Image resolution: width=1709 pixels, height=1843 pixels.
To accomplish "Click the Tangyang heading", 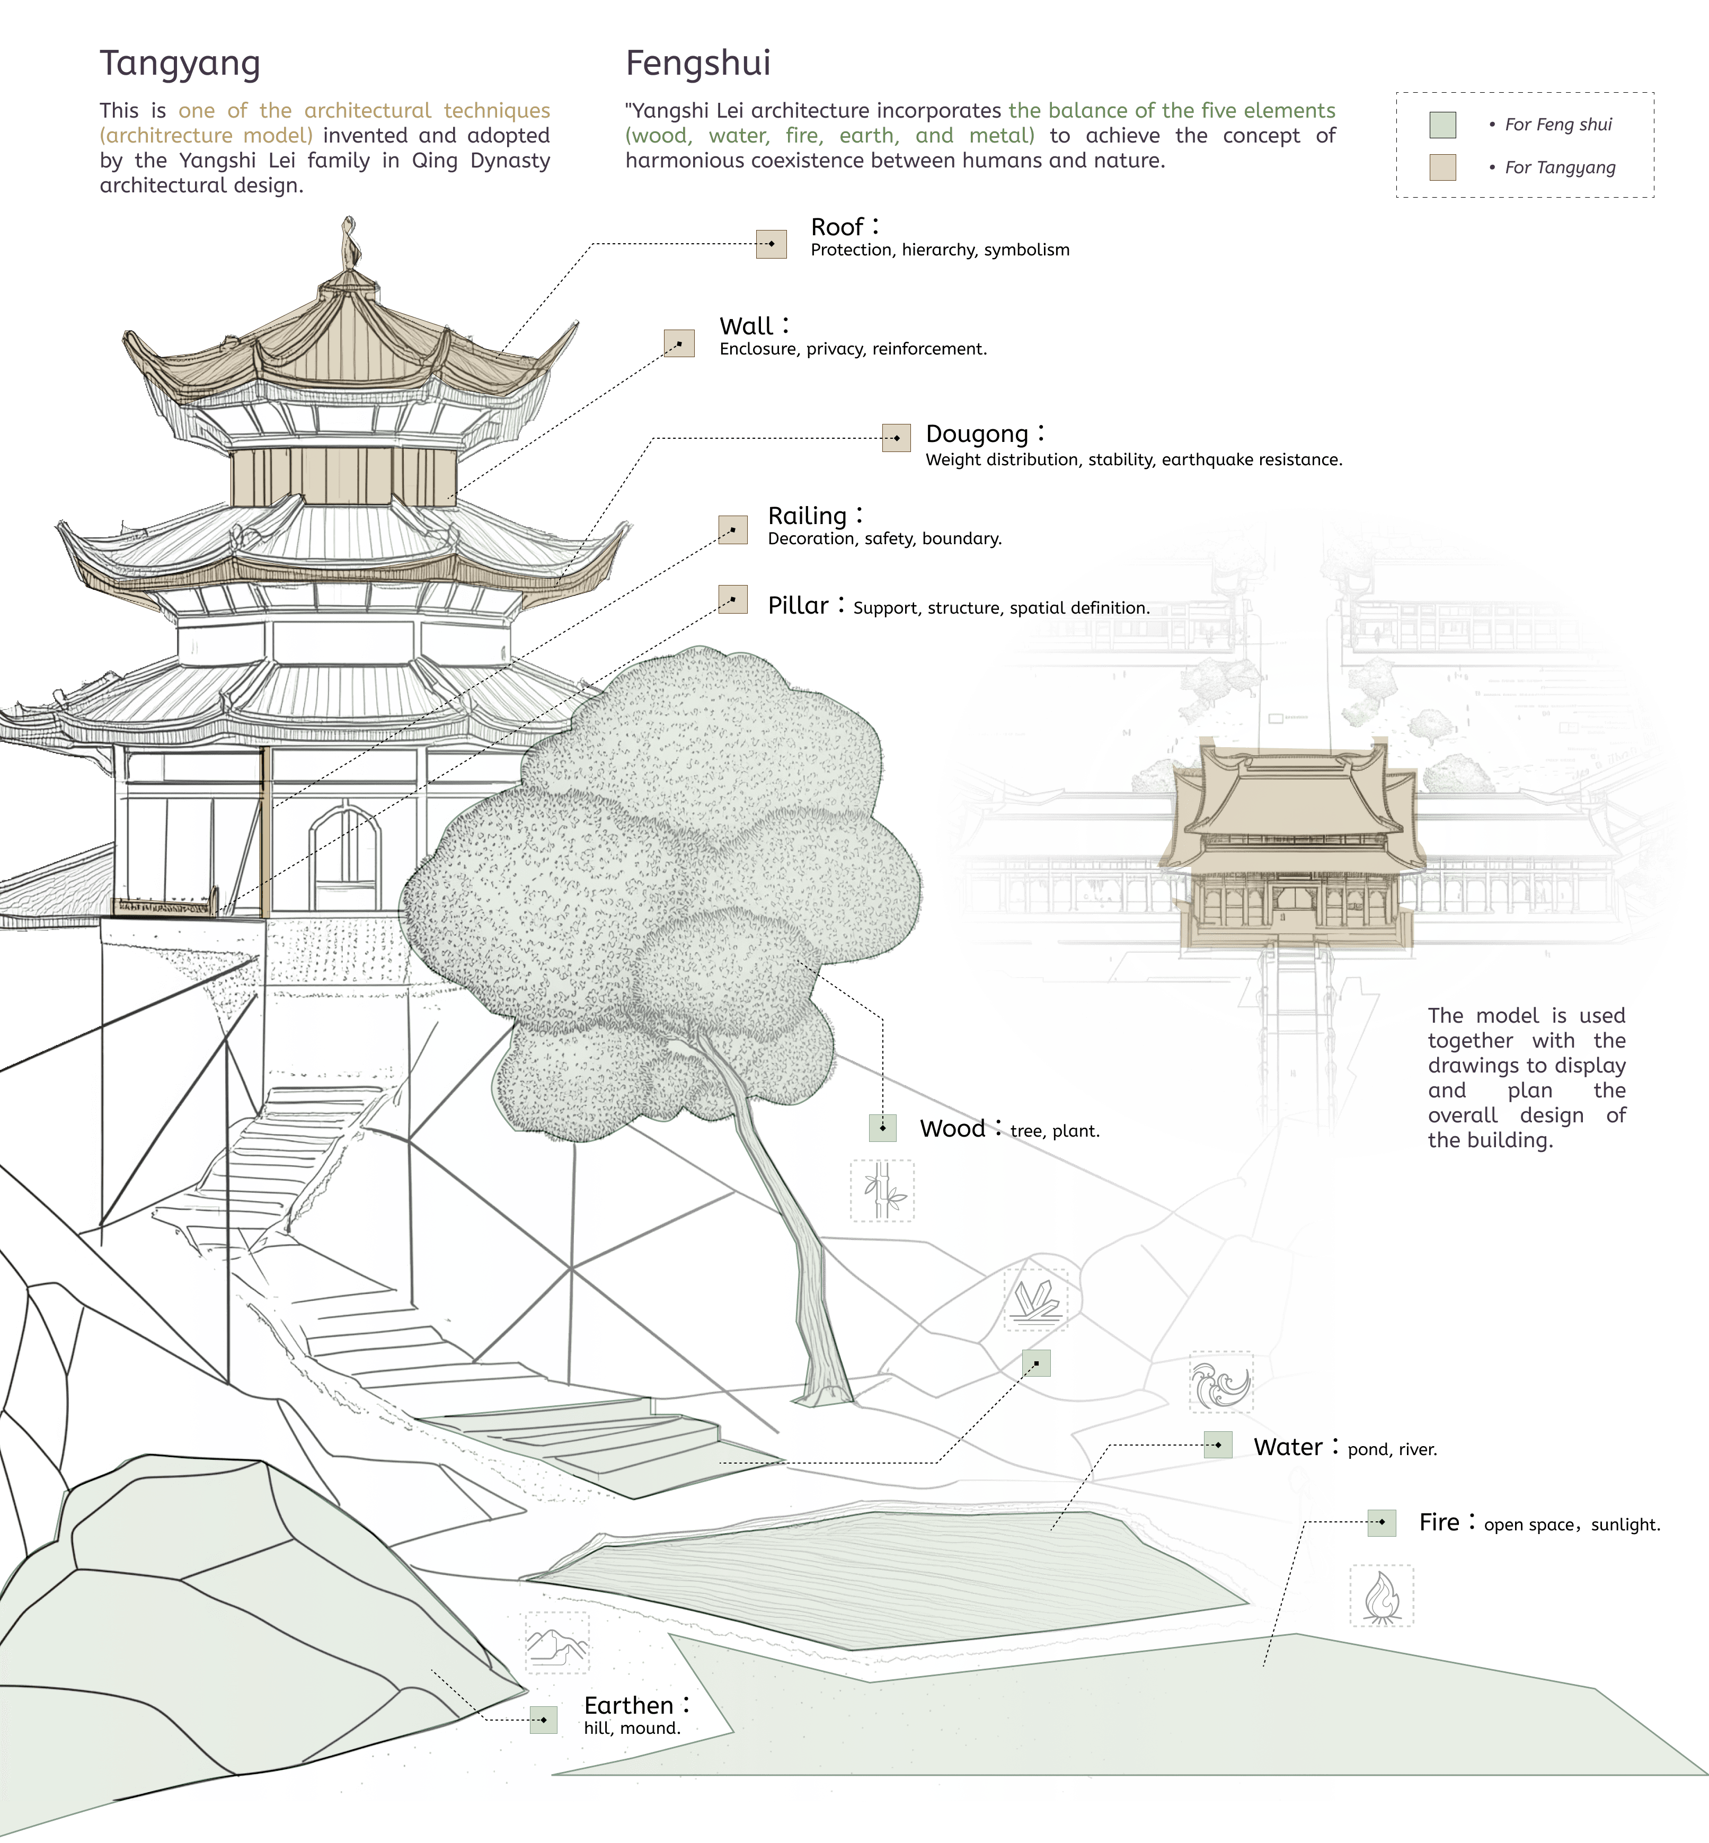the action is pyautogui.click(x=180, y=64).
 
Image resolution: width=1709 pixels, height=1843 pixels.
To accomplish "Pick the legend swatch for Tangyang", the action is pyautogui.click(x=1442, y=167).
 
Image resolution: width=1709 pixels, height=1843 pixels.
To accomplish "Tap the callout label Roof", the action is pyautogui.click(x=837, y=227).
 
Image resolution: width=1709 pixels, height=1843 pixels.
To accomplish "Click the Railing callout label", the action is pyautogui.click(x=807, y=515).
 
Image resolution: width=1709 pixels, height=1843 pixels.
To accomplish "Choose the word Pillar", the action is pyautogui.click(x=798, y=606).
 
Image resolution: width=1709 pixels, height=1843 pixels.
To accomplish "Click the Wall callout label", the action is pyautogui.click(x=746, y=326).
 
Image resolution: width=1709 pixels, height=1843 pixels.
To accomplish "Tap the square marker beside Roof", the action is pyautogui.click(x=771, y=244).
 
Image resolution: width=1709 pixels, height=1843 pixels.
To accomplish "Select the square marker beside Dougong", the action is pyautogui.click(x=896, y=437).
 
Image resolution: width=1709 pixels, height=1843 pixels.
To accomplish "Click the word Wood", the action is pyautogui.click(x=952, y=1129).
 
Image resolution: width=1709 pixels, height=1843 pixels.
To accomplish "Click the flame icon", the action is pyautogui.click(x=1382, y=1595).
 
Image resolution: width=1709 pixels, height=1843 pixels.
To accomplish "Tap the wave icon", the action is pyautogui.click(x=1221, y=1383).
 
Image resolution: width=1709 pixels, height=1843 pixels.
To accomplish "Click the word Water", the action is pyautogui.click(x=1287, y=1447).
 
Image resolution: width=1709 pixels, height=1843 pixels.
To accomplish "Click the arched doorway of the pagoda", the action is pyautogui.click(x=345, y=858).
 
